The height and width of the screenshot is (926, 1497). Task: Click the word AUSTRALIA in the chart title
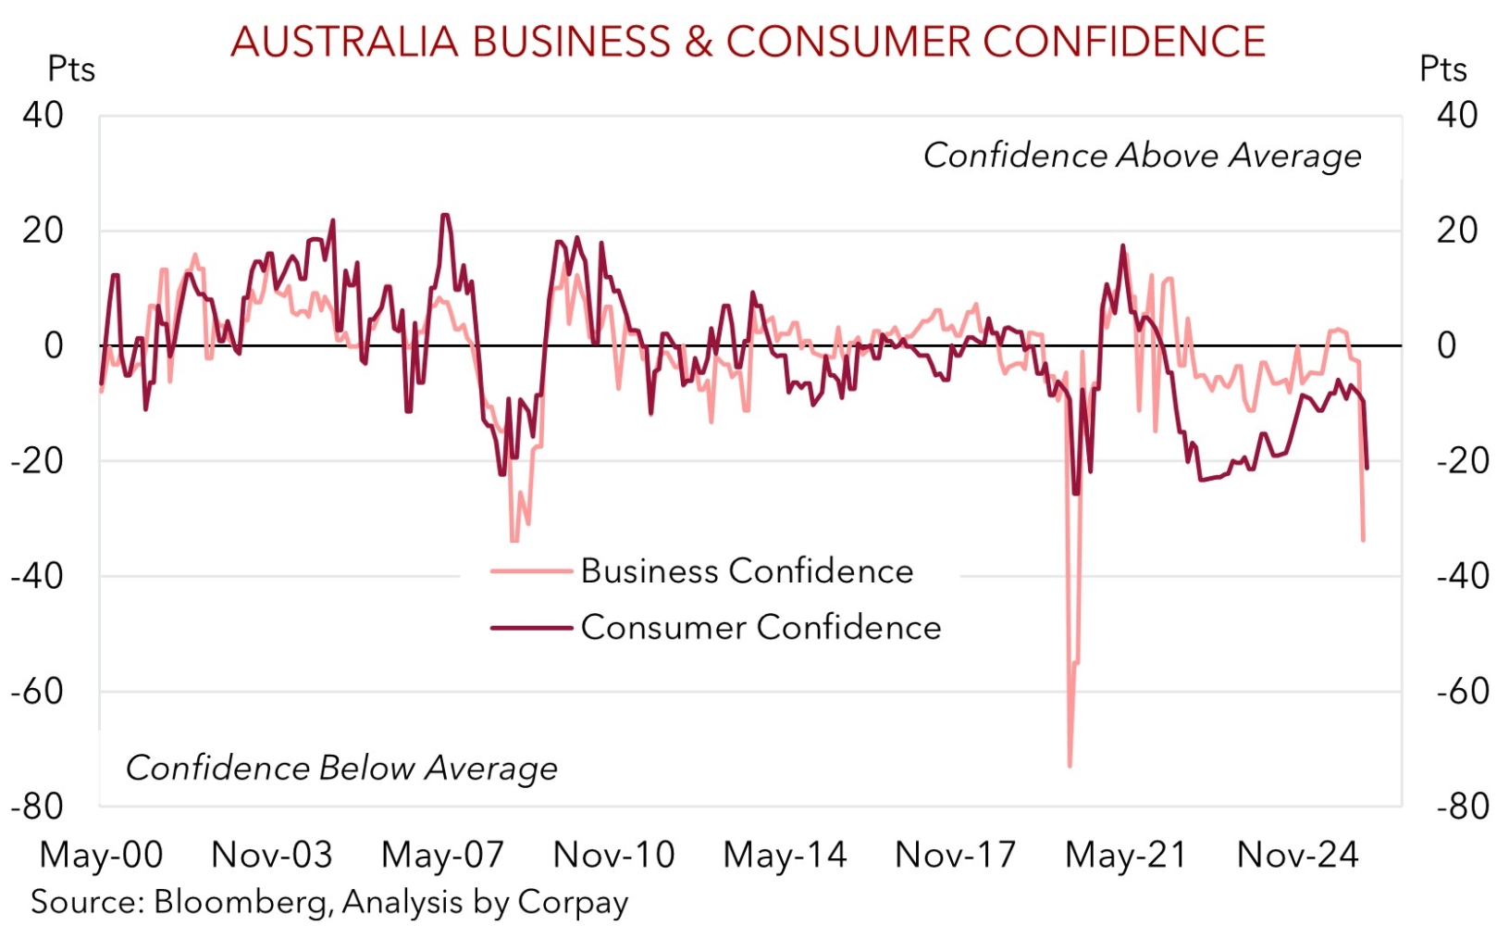click(x=344, y=42)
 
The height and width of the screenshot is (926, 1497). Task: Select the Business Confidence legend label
click(x=747, y=571)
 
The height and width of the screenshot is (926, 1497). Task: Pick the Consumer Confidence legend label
click(x=761, y=628)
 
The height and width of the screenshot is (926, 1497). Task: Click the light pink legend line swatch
click(x=531, y=571)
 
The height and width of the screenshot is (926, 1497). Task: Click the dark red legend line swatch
click(x=531, y=628)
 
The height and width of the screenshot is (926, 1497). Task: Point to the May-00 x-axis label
click(x=101, y=855)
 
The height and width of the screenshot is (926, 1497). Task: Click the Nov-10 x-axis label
click(x=613, y=855)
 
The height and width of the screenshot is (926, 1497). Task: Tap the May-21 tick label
click(x=1126, y=855)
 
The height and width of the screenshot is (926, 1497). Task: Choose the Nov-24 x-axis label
click(x=1297, y=855)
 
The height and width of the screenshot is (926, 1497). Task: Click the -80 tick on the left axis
click(x=37, y=807)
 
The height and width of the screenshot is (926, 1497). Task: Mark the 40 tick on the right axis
click(x=1457, y=115)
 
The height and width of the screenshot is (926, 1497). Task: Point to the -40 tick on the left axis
click(x=37, y=576)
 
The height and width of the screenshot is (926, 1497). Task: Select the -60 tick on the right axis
click(x=1463, y=692)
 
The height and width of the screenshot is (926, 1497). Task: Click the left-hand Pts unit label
click(x=71, y=69)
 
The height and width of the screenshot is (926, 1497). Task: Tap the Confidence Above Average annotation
click(x=1142, y=156)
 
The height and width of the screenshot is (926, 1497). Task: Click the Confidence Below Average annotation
click(x=341, y=768)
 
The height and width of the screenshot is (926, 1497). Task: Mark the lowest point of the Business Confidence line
click(x=1070, y=766)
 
